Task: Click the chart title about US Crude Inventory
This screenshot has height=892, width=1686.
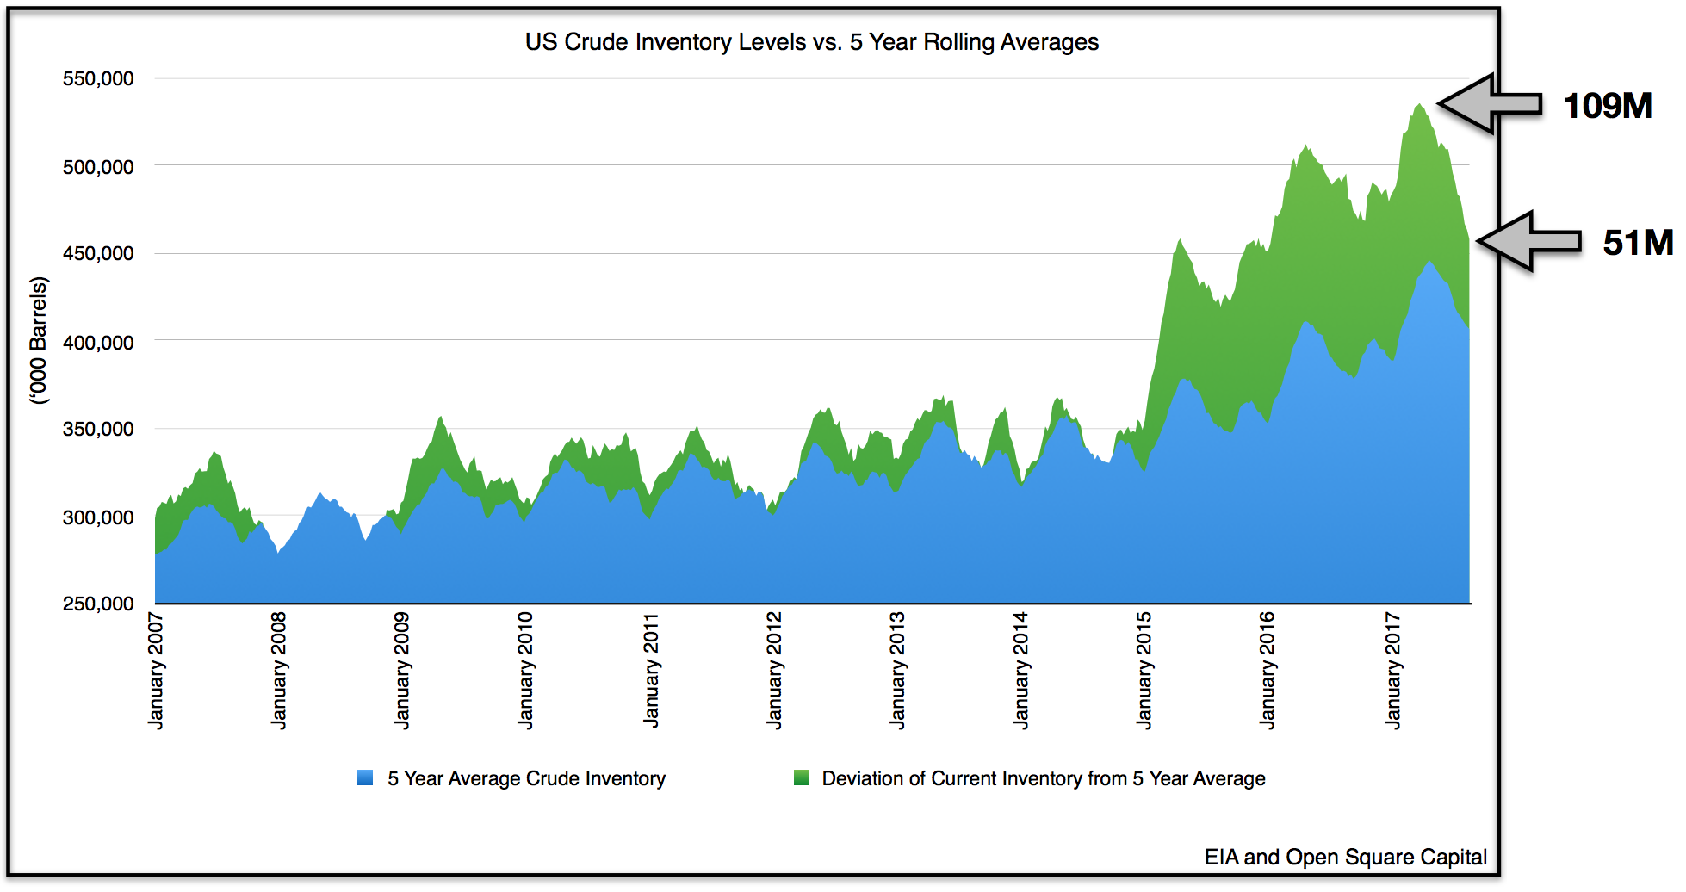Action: tap(811, 42)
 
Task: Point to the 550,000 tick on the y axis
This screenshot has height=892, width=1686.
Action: tap(98, 78)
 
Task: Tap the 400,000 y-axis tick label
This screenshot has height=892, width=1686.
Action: tap(98, 342)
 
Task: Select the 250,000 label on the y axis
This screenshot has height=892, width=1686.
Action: tap(98, 604)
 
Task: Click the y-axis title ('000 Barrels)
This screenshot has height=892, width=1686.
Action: tap(39, 340)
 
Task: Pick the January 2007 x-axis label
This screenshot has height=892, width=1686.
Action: tap(156, 670)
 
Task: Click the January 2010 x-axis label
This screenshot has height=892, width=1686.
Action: tap(525, 670)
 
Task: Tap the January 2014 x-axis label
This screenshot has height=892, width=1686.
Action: tap(1020, 670)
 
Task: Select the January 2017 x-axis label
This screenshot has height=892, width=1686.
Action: tap(1392, 670)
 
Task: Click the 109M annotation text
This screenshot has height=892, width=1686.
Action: tap(1607, 106)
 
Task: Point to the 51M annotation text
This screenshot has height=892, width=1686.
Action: tap(1637, 243)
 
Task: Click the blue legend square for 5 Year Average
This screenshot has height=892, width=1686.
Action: tap(365, 777)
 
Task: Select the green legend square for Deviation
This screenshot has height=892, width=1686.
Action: tap(801, 777)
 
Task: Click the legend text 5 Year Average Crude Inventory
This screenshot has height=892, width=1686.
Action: tap(526, 778)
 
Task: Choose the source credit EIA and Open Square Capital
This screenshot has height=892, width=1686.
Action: tap(1345, 857)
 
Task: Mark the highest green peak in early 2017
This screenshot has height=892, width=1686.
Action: tap(1418, 106)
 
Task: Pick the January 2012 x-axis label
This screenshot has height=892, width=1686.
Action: tap(773, 670)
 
